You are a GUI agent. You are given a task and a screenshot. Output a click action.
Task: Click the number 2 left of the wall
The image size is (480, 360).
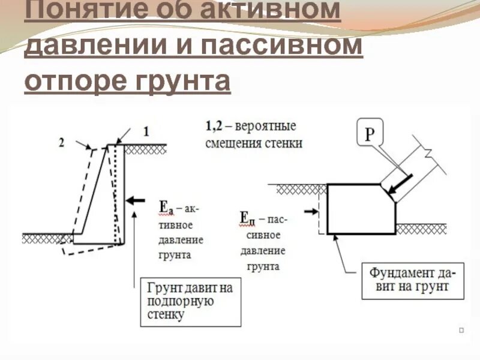pyautogui.click(x=61, y=142)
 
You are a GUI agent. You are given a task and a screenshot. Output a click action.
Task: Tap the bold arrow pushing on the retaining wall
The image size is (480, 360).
pyautogui.click(x=137, y=200)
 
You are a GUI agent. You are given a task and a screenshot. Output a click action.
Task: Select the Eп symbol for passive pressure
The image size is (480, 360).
pyautogui.click(x=247, y=218)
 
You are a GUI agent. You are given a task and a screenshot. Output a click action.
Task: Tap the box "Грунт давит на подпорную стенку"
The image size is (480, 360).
pyautogui.click(x=190, y=301)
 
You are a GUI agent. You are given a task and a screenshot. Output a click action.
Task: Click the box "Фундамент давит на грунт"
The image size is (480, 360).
pyautogui.click(x=409, y=280)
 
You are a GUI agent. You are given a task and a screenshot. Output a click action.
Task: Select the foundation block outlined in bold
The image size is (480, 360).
pyautogui.click(x=360, y=210)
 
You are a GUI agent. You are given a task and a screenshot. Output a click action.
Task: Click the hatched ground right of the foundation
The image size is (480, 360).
pyautogui.click(x=421, y=229)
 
